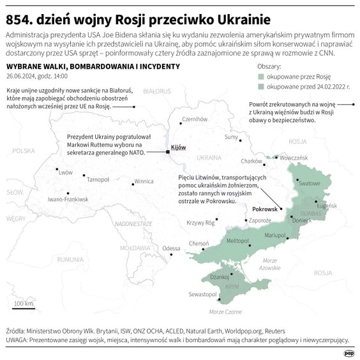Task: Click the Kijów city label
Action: click(x=179, y=147)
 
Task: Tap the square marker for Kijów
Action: click(x=168, y=152)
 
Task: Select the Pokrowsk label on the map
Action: click(x=264, y=209)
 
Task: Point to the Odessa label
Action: click(x=172, y=248)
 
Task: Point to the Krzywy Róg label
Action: click(x=200, y=223)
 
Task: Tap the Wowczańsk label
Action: click(x=294, y=157)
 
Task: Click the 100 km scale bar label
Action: click(x=24, y=303)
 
